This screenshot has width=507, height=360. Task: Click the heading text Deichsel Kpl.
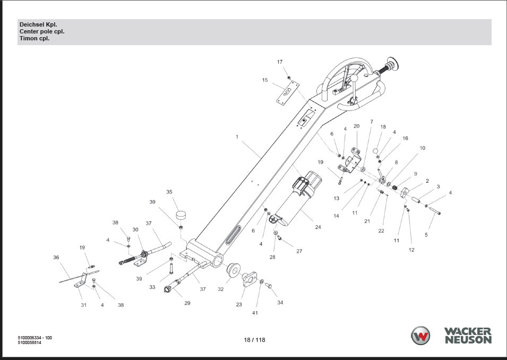(38, 25)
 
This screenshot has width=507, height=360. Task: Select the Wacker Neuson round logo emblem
(422, 336)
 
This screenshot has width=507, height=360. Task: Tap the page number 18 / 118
(254, 340)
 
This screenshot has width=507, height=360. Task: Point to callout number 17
(280, 62)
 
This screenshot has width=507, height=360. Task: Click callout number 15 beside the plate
(265, 80)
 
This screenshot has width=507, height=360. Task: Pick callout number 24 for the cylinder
(318, 227)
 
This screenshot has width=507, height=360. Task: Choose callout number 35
(169, 192)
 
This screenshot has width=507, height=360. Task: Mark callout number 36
(56, 258)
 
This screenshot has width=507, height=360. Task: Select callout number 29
(187, 303)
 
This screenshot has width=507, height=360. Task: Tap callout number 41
(255, 313)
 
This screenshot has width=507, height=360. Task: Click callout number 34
(280, 303)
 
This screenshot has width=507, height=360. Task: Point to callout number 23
(239, 305)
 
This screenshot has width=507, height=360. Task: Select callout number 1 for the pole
(237, 137)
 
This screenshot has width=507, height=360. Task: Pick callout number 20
(357, 126)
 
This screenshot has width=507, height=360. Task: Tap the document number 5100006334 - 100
(35, 338)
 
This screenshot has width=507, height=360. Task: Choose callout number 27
(299, 251)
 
